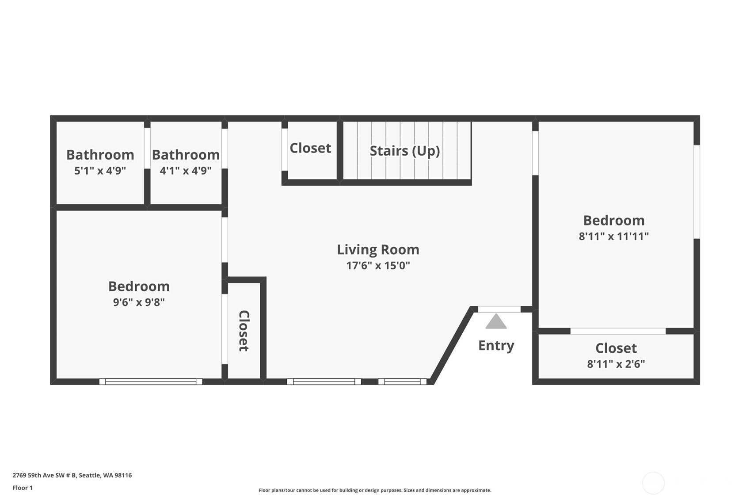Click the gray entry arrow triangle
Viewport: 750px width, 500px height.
(496, 322)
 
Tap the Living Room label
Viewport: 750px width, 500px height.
(378, 250)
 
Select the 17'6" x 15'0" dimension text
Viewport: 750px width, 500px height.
(378, 266)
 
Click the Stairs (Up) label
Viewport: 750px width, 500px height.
(404, 151)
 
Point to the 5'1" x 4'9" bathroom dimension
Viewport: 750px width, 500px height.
(100, 171)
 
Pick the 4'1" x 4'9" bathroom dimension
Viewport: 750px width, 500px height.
(186, 171)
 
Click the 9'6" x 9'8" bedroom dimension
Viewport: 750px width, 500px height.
(139, 302)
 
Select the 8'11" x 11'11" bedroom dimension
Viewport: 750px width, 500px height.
(613, 237)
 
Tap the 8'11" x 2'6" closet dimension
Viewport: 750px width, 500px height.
(616, 364)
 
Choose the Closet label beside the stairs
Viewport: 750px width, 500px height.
(310, 148)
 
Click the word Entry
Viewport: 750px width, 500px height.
(496, 345)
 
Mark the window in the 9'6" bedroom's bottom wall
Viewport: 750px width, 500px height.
(151, 382)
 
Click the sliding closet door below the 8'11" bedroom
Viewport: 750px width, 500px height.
(618, 331)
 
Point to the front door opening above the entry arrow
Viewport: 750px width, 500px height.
(499, 309)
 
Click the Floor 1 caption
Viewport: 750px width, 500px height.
(23, 488)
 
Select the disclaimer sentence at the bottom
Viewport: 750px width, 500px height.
(375, 490)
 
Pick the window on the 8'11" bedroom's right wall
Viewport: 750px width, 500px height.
(697, 192)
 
